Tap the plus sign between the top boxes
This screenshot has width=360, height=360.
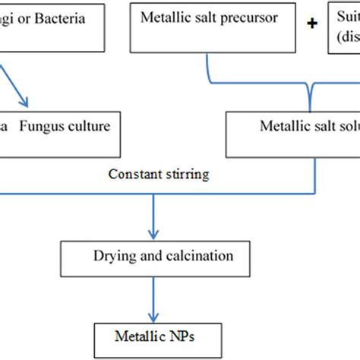point(311,24)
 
